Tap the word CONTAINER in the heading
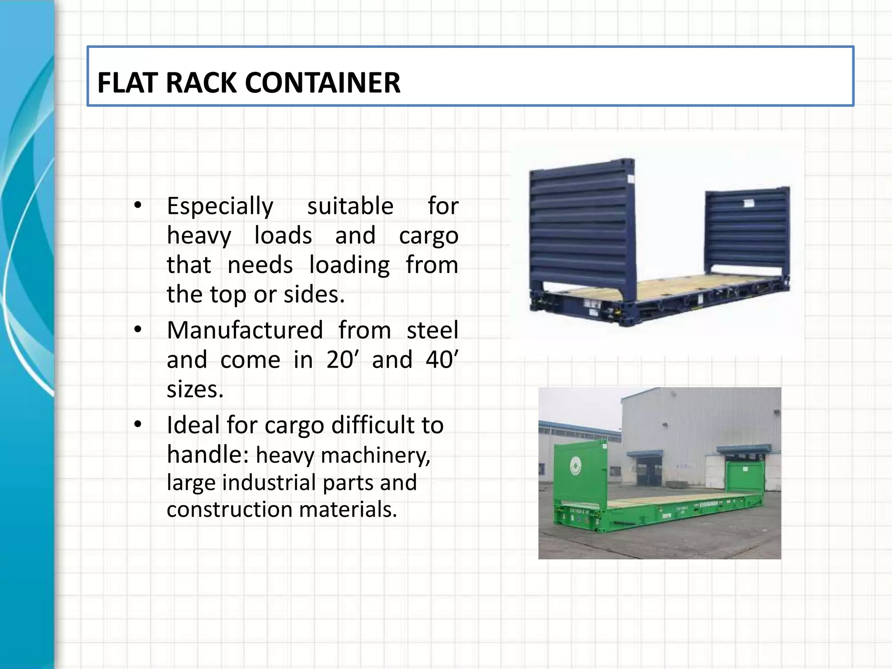[323, 83]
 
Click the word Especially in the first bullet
[220, 206]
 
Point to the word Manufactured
[245, 330]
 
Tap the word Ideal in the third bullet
[193, 425]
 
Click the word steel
[432, 330]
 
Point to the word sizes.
[195, 389]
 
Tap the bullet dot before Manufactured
[138, 330]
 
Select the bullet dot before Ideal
[138, 424]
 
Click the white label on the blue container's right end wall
[749, 203]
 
